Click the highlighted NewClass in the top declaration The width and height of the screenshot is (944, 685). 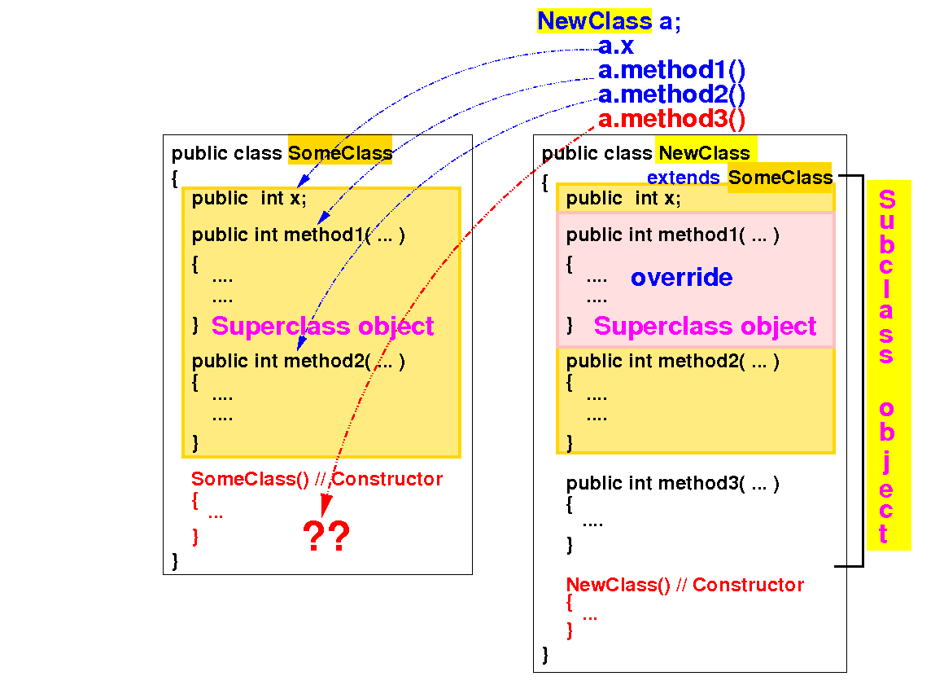pos(594,21)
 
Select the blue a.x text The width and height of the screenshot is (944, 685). pos(616,46)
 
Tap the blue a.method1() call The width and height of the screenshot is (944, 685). pos(671,71)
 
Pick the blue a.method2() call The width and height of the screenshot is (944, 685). pos(671,95)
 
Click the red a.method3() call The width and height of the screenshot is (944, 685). pos(671,120)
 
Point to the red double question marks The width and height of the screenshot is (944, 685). pos(326,538)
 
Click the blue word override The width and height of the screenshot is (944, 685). pos(681,278)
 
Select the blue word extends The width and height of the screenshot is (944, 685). pos(683,178)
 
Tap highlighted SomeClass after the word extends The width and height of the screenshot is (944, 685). pos(780,178)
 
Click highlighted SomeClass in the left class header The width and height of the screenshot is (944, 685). pos(340,153)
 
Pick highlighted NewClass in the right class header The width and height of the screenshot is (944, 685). pos(705,153)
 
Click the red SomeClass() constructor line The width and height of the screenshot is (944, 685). pos(317,479)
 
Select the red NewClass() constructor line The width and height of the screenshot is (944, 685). pos(684,585)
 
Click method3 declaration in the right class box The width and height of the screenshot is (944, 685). pos(672,484)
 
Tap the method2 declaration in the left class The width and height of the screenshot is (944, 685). pos(298,361)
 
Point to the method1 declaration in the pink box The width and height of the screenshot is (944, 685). pos(672,235)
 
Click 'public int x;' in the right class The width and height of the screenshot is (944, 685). pos(623,198)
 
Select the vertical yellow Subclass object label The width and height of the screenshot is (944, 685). pos(887,366)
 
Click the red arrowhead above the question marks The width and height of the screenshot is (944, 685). pos(326,507)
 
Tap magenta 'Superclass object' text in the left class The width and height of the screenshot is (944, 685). pos(322,327)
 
